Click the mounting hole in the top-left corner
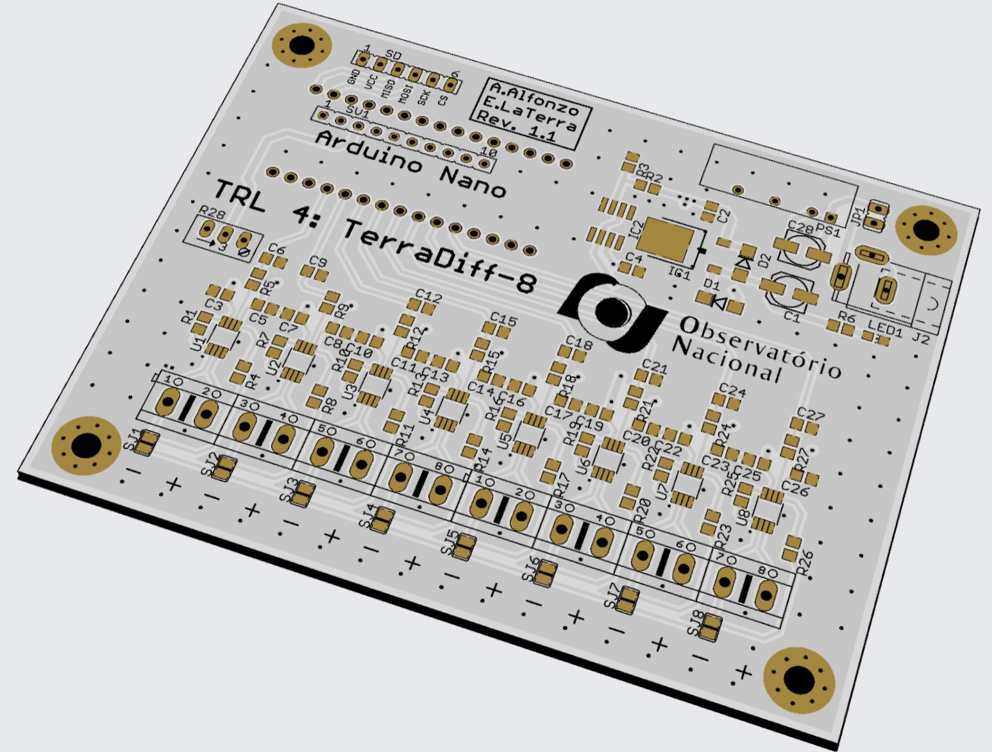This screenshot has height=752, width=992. click(x=301, y=46)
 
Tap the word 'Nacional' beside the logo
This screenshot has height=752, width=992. click(x=728, y=359)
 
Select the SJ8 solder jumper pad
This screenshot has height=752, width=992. click(x=712, y=627)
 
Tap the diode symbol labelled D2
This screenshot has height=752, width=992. click(x=745, y=261)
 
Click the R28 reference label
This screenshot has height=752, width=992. click(x=212, y=212)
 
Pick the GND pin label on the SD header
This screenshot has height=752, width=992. click(x=352, y=76)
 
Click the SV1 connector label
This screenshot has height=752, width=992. click(x=357, y=112)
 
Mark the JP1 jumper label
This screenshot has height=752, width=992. click(x=857, y=216)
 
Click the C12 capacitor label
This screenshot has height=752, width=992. click(x=428, y=296)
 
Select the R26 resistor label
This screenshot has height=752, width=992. click(x=805, y=562)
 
